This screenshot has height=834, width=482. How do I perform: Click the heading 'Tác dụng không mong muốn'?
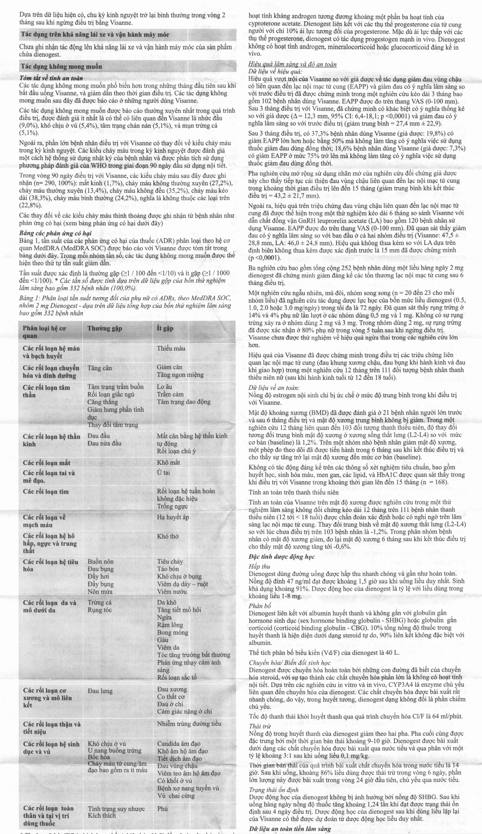point(62,66)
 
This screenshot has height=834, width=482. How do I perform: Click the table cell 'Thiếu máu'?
point(171,348)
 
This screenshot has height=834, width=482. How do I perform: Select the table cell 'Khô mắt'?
point(168,462)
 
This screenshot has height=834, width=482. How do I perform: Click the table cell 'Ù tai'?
point(163,472)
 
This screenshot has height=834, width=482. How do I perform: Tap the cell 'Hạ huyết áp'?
point(173,517)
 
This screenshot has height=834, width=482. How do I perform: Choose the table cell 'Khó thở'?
point(168,536)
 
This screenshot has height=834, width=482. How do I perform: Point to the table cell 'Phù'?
point(162,808)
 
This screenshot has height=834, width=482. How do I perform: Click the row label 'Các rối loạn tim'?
point(46,491)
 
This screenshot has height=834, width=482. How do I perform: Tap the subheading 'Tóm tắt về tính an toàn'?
point(51,78)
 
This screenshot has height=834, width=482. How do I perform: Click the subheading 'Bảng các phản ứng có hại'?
point(55,233)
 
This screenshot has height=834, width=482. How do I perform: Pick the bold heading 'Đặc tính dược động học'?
point(281,557)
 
